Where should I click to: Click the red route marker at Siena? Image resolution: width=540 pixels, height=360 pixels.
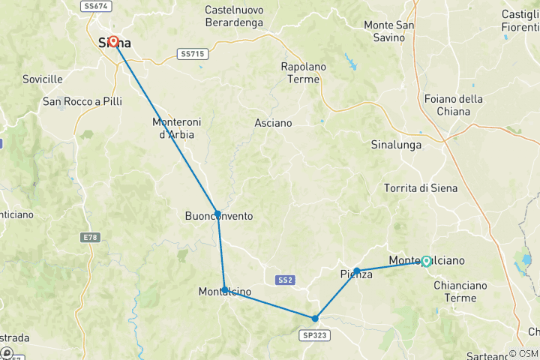pyautogui.click(x=114, y=42)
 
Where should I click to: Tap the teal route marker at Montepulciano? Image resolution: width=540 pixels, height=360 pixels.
pyautogui.click(x=426, y=261)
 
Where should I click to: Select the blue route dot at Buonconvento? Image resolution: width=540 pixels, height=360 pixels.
pyautogui.click(x=217, y=214)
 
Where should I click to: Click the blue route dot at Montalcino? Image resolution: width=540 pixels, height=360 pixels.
pyautogui.click(x=225, y=289)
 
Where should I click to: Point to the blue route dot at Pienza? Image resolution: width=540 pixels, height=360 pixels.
pyautogui.click(x=357, y=270)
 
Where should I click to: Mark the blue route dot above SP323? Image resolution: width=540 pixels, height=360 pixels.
pyautogui.click(x=315, y=318)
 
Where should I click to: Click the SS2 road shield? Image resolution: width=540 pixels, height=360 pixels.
pyautogui.click(x=284, y=280)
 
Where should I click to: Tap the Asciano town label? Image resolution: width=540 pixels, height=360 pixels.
pyautogui.click(x=273, y=122)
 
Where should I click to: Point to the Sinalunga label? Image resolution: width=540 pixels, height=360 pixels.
pyautogui.click(x=396, y=145)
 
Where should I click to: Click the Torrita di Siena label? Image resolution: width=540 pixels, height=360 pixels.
pyautogui.click(x=419, y=187)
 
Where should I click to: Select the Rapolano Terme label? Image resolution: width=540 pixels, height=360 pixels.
pyautogui.click(x=304, y=73)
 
